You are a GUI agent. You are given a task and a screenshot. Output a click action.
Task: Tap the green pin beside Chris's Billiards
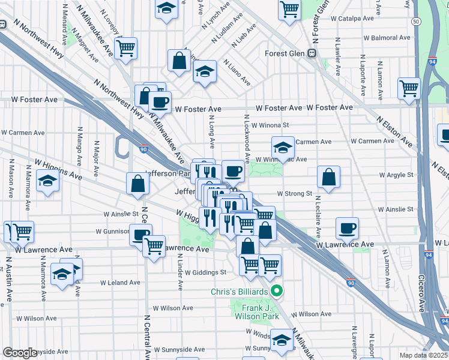[x=277, y=292]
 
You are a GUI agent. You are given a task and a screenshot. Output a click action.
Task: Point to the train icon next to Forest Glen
[x=312, y=53]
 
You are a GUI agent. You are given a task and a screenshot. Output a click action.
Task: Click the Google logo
[x=20, y=353]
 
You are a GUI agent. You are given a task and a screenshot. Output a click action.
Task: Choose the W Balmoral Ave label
[x=386, y=38]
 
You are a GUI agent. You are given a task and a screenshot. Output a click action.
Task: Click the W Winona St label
[x=270, y=126]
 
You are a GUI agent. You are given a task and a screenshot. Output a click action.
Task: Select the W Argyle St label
[x=397, y=175]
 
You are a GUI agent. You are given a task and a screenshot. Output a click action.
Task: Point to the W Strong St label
[x=294, y=194]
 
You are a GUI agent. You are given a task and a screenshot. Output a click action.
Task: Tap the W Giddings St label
[x=205, y=272]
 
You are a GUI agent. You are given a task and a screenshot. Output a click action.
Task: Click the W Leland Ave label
[x=120, y=282]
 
